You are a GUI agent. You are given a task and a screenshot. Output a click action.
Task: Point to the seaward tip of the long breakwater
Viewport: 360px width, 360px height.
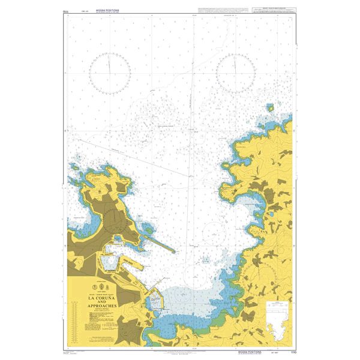point(175,250)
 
